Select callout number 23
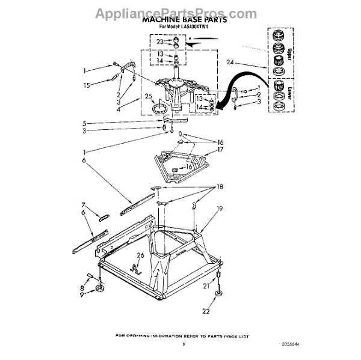(159, 42)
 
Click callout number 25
(148, 97)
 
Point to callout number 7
(84, 205)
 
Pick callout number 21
(205, 286)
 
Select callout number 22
(206, 311)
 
